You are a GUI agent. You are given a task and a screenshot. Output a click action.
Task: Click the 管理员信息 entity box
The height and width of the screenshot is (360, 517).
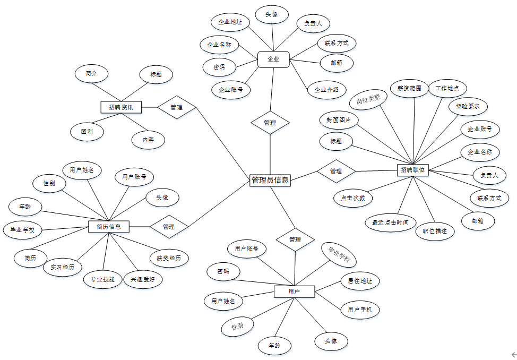[270, 180]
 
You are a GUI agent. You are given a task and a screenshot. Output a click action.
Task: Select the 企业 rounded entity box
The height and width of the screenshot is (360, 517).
[273, 59]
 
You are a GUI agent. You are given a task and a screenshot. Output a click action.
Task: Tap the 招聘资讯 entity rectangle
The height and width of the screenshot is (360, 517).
[122, 107]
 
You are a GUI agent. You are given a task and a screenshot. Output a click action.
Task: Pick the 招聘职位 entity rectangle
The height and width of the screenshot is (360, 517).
[413, 170]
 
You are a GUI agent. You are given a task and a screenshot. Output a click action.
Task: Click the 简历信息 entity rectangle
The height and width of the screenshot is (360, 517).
[109, 227]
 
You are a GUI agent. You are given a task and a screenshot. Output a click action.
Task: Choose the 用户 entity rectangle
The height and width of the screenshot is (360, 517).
[294, 292]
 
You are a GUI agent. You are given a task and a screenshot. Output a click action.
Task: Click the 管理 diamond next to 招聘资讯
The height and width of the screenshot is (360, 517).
[177, 107]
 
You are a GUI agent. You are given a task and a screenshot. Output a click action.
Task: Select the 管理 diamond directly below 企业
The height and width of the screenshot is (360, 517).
[270, 123]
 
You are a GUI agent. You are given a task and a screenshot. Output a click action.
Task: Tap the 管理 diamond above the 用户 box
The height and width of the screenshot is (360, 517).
[295, 239]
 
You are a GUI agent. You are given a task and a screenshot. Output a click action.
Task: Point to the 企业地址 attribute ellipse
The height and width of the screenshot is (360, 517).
[230, 22]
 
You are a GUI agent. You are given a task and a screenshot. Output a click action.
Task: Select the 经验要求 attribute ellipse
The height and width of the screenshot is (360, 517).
[468, 106]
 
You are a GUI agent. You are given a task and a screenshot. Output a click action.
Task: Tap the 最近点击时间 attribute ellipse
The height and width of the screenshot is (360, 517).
[390, 222]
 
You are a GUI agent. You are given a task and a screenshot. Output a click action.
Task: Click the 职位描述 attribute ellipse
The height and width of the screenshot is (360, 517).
[435, 231]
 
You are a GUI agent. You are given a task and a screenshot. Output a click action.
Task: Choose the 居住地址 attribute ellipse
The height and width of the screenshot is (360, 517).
[360, 281]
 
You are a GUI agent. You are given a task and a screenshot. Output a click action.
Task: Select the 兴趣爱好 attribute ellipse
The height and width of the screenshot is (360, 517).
[143, 279]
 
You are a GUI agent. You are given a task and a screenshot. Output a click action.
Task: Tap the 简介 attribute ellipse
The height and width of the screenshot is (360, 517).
[91, 74]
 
